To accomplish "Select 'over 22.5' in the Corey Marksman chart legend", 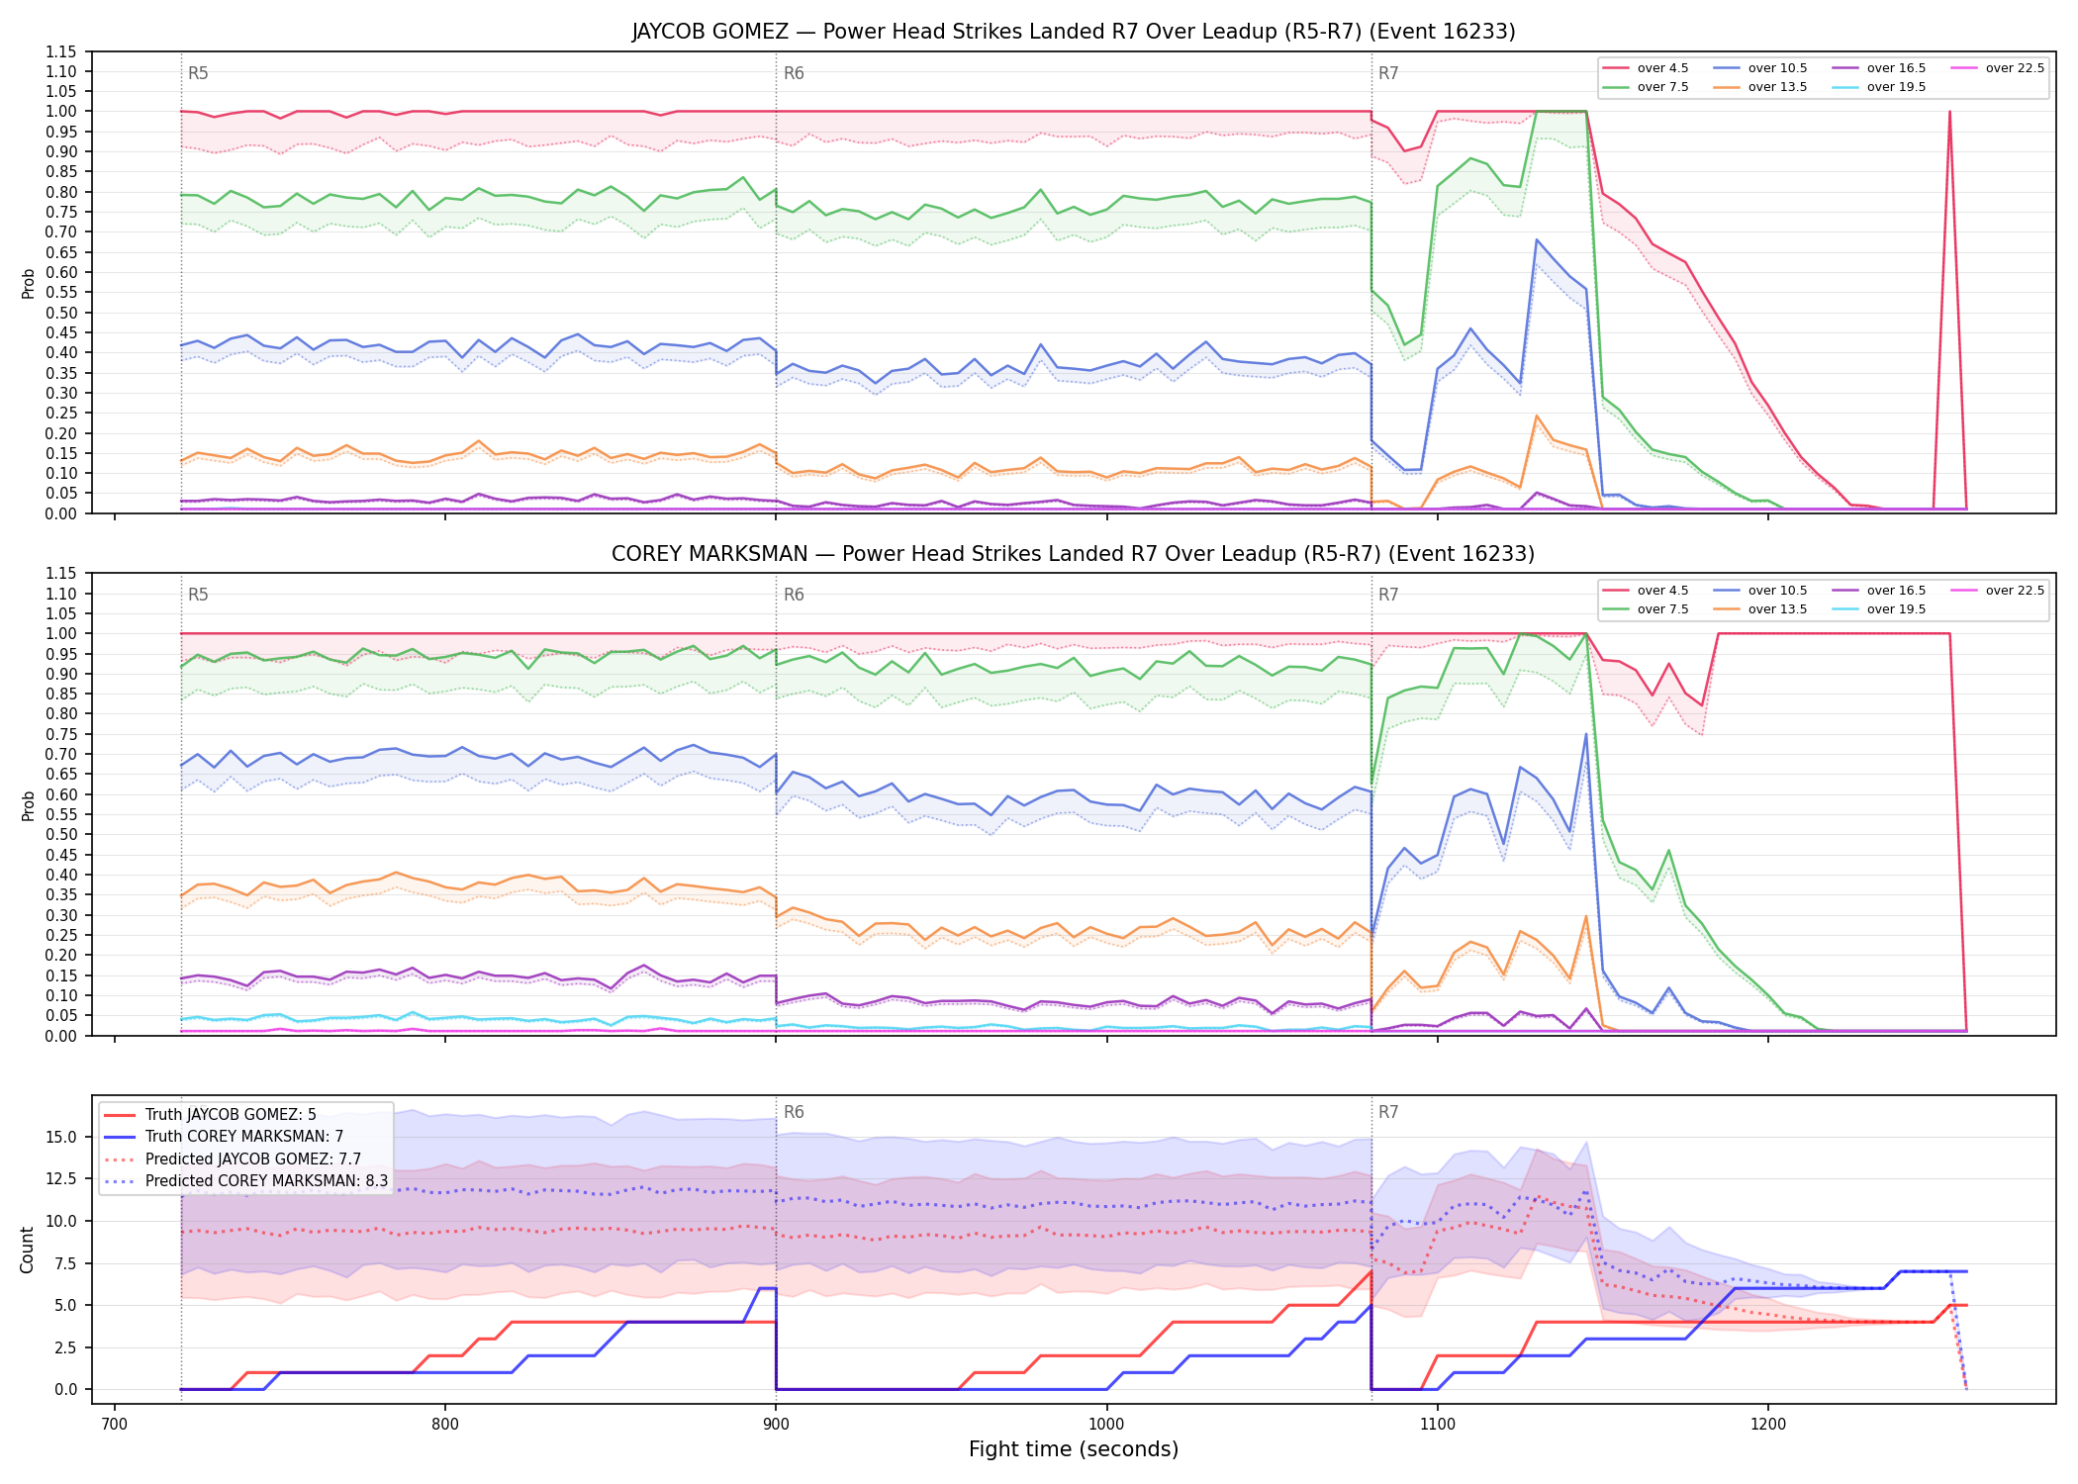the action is click(x=1998, y=591).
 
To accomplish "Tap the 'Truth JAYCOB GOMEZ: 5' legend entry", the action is click(x=210, y=1114).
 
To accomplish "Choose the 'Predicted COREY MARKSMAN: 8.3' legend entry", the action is click(x=245, y=1180).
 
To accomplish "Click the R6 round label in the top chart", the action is click(x=794, y=73).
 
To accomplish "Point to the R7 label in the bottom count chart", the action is click(x=1388, y=1112).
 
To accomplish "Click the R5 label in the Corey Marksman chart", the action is click(x=198, y=595).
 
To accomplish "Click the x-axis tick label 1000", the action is click(x=1106, y=1424).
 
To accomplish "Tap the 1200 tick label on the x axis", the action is click(x=1767, y=1424).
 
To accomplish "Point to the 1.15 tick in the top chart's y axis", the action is click(x=61, y=51).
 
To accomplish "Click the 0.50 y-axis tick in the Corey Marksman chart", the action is click(x=61, y=834).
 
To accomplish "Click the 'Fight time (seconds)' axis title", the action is click(x=1074, y=1449).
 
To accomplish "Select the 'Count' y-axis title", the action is click(x=27, y=1250).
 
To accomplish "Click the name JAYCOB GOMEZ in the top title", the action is click(x=710, y=32).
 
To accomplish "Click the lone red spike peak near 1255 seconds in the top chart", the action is click(x=1949, y=111).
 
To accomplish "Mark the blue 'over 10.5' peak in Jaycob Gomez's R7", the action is click(x=1537, y=239).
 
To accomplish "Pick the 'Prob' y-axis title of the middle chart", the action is click(x=28, y=805).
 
